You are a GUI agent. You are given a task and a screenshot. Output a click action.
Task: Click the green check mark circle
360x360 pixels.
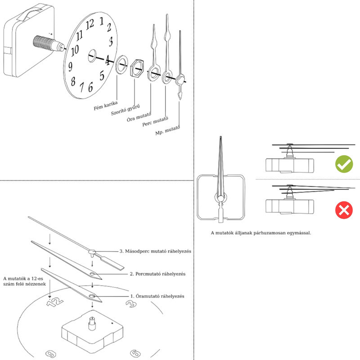[x=344, y=165]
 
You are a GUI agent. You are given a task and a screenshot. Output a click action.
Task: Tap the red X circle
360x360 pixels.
[x=344, y=209]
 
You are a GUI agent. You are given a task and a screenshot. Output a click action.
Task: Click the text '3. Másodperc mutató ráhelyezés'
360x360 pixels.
[x=156, y=252]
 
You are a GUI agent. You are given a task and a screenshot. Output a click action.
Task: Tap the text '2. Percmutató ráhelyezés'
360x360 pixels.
[x=158, y=274]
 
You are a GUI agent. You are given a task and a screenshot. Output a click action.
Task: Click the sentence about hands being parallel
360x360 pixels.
[x=261, y=233]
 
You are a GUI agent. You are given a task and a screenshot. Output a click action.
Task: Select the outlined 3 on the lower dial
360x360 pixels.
[x=130, y=305]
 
